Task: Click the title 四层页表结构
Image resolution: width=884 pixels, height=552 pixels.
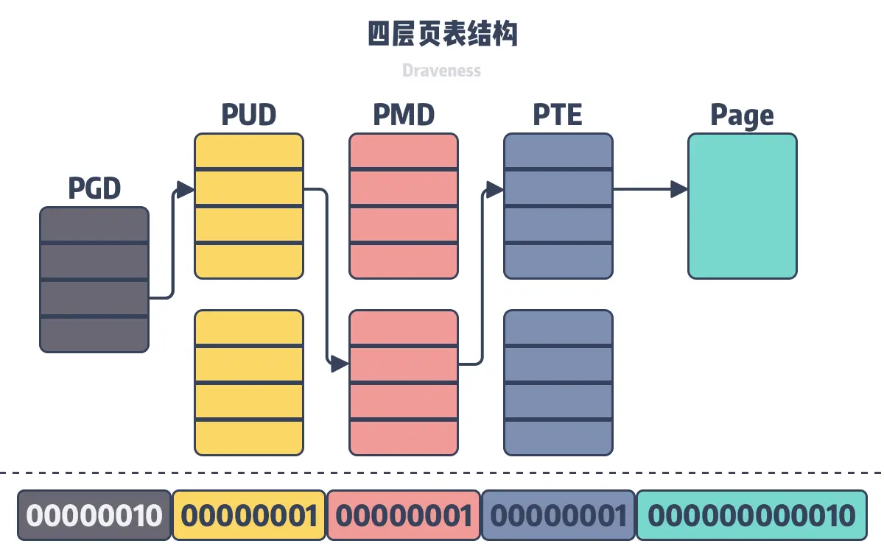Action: click(442, 35)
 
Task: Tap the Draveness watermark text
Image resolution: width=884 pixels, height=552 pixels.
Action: click(442, 71)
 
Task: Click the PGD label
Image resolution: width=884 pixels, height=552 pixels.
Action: click(94, 188)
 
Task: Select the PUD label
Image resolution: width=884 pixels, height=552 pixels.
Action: click(249, 115)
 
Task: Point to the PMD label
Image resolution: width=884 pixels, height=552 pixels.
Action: click(404, 115)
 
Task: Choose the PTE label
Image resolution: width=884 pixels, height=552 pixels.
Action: click(558, 115)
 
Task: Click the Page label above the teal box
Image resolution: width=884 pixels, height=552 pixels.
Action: click(742, 116)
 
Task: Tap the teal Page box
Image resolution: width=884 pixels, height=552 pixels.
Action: click(743, 206)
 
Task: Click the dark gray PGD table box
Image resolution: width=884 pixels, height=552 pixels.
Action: click(94, 280)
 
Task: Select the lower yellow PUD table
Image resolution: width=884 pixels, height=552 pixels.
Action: click(249, 383)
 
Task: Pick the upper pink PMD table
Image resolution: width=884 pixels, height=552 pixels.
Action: click(404, 206)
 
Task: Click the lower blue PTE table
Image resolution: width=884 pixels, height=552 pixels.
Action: click(558, 383)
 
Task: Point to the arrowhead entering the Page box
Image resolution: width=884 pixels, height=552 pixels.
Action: click(678, 189)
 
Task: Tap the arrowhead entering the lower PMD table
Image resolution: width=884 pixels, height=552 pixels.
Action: click(340, 364)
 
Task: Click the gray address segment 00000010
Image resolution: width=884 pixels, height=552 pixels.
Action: click(94, 515)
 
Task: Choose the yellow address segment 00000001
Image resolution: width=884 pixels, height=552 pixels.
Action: click(249, 515)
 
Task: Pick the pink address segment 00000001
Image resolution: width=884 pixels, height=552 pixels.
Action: click(404, 515)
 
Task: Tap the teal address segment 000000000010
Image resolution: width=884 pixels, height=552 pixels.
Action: click(751, 515)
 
